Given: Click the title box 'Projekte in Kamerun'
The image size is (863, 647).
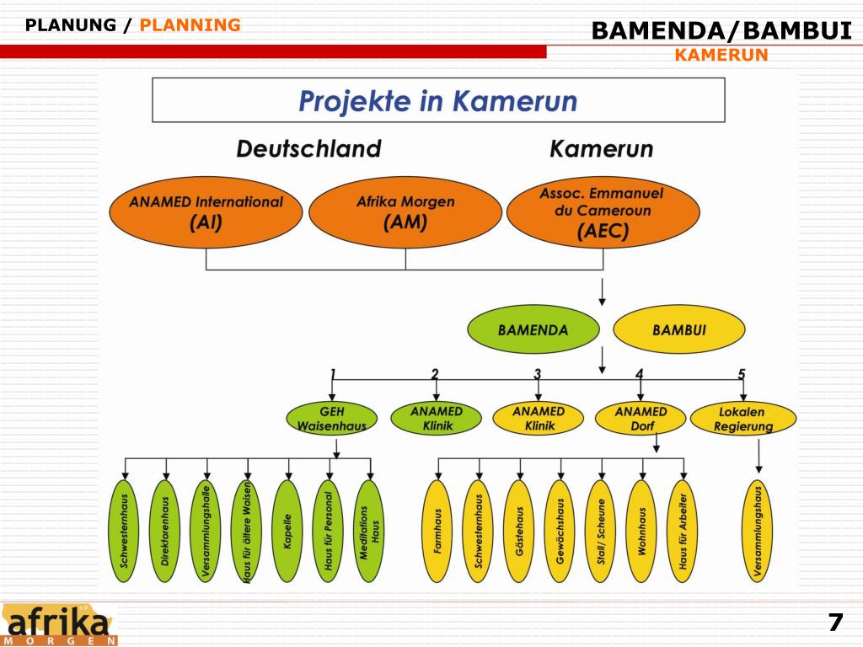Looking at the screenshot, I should click(x=438, y=100).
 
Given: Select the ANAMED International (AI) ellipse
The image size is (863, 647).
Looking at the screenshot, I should click(x=206, y=213).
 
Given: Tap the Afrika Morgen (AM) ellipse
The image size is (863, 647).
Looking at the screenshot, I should click(x=405, y=213).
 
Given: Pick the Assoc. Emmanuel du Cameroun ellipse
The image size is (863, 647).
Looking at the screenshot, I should click(x=603, y=213).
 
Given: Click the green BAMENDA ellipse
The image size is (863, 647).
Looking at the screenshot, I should click(x=533, y=329).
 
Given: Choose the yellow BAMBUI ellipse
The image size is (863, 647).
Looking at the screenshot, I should click(x=678, y=329).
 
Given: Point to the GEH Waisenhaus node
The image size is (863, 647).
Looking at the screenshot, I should click(x=332, y=419).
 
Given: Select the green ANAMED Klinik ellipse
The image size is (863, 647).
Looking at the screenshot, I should click(x=437, y=419).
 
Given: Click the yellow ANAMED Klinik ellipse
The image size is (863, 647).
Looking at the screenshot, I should click(x=539, y=419).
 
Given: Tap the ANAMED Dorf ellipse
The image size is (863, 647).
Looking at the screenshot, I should click(x=641, y=419).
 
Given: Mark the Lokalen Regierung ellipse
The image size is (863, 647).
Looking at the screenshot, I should click(x=742, y=419).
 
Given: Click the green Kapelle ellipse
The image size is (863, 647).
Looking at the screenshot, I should click(x=288, y=531).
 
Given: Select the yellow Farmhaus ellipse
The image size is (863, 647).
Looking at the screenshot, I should click(x=437, y=531).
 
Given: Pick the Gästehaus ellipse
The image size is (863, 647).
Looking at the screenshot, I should click(x=519, y=531).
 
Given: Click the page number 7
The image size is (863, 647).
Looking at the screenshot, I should click(x=834, y=623).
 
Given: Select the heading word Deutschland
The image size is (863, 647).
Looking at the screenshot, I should click(x=308, y=149).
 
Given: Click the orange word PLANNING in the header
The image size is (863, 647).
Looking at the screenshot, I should click(x=190, y=25).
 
